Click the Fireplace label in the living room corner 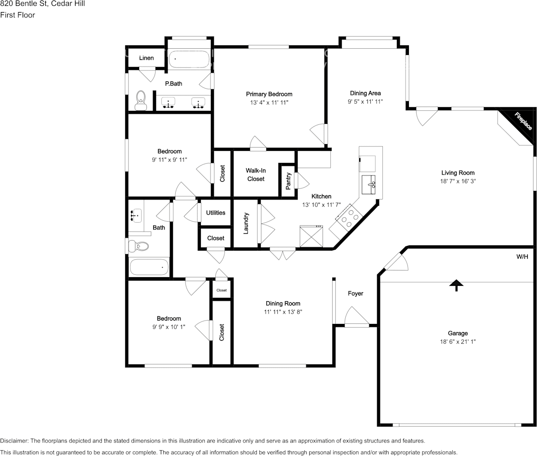(x=523, y=121)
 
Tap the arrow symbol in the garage (x=456, y=285)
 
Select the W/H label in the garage (x=522, y=257)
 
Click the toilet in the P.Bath (x=141, y=101)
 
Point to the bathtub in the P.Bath (x=189, y=59)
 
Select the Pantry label (x=288, y=181)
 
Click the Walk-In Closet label (x=256, y=174)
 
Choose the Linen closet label (x=146, y=58)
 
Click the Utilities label (x=216, y=213)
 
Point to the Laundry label (x=246, y=223)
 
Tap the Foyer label (x=355, y=293)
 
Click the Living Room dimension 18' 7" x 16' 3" (x=458, y=181)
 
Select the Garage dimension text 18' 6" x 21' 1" (x=458, y=342)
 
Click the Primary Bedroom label (x=269, y=94)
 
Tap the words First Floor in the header (x=17, y=15)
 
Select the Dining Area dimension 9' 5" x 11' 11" (x=365, y=102)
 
